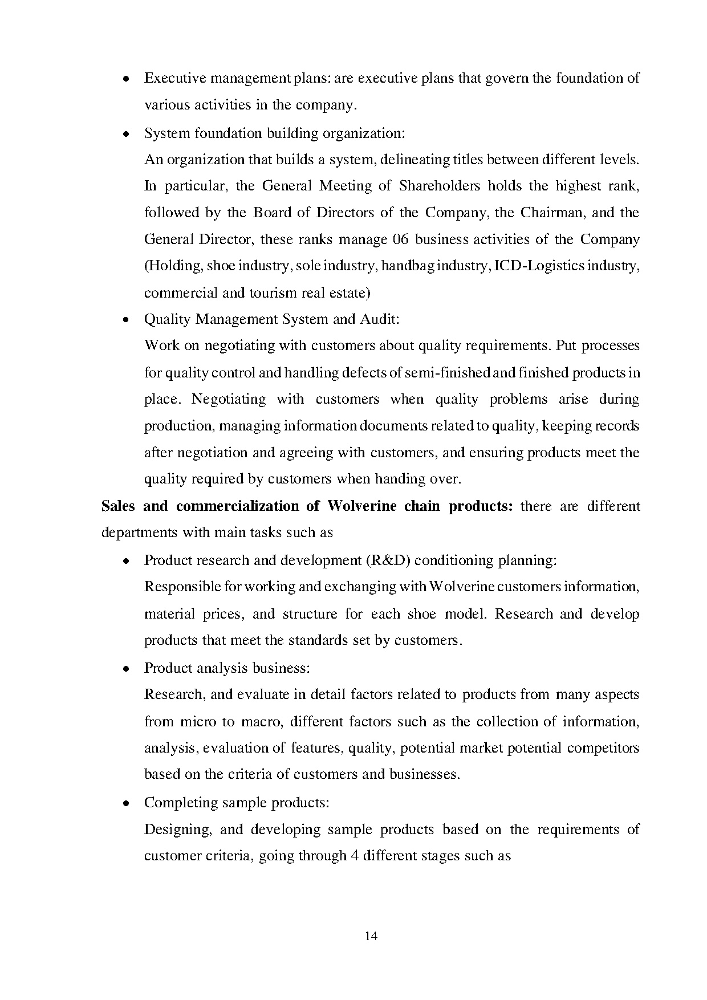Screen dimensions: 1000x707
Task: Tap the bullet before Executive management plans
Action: click(x=126, y=79)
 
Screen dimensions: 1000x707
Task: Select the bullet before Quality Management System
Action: click(x=126, y=320)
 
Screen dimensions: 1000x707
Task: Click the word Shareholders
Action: click(x=440, y=186)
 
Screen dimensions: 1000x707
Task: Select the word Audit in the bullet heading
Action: click(x=379, y=319)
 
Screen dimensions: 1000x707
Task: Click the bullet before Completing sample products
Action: click(x=126, y=803)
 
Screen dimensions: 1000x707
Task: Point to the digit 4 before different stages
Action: click(x=353, y=856)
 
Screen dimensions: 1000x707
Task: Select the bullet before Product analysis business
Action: click(x=126, y=669)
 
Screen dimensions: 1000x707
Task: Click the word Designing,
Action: click(x=178, y=830)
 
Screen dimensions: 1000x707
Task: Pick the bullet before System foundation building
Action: click(x=126, y=134)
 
